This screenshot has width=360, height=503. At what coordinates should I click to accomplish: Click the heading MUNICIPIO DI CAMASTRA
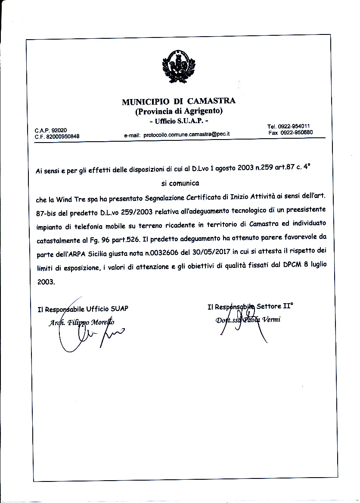click(179, 102)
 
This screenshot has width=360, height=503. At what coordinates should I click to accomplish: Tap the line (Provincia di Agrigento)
click(179, 112)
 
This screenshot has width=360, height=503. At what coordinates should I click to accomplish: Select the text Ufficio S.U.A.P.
click(179, 121)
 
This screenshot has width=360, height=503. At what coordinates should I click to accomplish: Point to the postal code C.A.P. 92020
click(51, 130)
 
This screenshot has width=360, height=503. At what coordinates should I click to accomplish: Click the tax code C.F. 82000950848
click(57, 137)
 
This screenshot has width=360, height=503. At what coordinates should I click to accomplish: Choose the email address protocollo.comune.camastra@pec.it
click(187, 134)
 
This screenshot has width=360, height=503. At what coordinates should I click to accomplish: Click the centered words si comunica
click(180, 183)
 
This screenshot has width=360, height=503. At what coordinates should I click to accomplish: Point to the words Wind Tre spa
click(75, 199)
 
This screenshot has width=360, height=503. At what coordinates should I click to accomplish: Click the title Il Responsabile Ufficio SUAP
click(83, 308)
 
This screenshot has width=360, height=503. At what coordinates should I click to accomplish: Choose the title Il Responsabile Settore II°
click(250, 307)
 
